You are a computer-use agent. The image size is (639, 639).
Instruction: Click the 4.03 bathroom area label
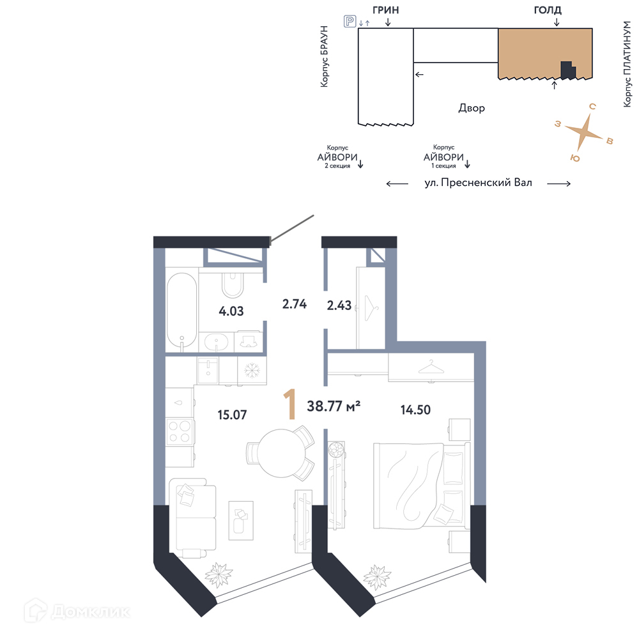pyautogui.click(x=231, y=311)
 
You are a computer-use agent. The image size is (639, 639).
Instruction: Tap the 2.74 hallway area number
pyautogui.click(x=294, y=304)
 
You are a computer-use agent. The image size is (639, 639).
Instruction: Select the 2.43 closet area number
pyautogui.click(x=339, y=305)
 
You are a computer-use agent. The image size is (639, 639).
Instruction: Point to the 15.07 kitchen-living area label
pyautogui.click(x=232, y=415)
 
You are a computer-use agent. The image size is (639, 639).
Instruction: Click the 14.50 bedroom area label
pyautogui.click(x=415, y=410)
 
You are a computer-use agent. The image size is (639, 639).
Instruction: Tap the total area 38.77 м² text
pyautogui.click(x=334, y=406)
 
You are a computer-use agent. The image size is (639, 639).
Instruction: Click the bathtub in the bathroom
pyautogui.click(x=181, y=310)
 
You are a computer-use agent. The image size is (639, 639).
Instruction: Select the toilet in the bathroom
pyautogui.click(x=233, y=285)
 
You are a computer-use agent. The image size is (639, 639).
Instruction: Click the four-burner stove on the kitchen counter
pyautogui.click(x=180, y=432)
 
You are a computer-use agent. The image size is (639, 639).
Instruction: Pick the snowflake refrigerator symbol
pyautogui.click(x=252, y=371)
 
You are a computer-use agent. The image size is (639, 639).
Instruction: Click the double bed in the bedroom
pyautogui.click(x=421, y=486)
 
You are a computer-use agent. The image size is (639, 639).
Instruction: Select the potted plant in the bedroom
pyautogui.click(x=377, y=577)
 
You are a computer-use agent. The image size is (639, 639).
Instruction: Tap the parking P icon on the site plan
pyautogui.click(x=350, y=21)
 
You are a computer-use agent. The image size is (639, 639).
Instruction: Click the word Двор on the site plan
pyautogui.click(x=472, y=108)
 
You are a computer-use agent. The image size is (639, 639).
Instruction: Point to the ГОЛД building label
pyautogui.click(x=548, y=10)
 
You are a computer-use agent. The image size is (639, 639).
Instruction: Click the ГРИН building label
pyautogui.click(x=385, y=10)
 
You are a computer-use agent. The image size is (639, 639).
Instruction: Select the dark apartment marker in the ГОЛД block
pyautogui.click(x=567, y=70)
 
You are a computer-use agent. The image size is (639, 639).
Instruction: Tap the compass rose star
pyautogui.click(x=584, y=132)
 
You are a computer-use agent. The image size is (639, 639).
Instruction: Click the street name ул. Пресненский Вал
pyautogui.click(x=479, y=183)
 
